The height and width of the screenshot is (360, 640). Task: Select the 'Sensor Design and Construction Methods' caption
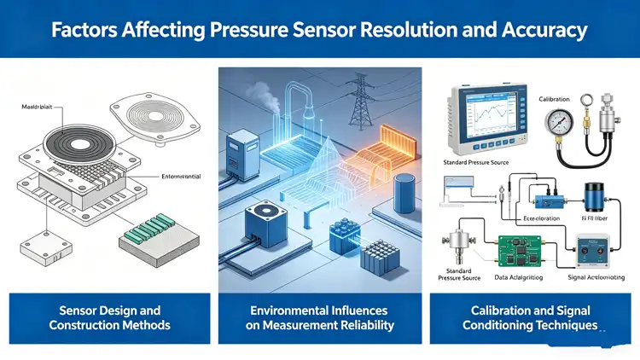[108, 317]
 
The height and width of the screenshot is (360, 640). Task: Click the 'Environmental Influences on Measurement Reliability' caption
[321, 317]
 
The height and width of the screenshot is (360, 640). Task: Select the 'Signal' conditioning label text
[585, 277]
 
